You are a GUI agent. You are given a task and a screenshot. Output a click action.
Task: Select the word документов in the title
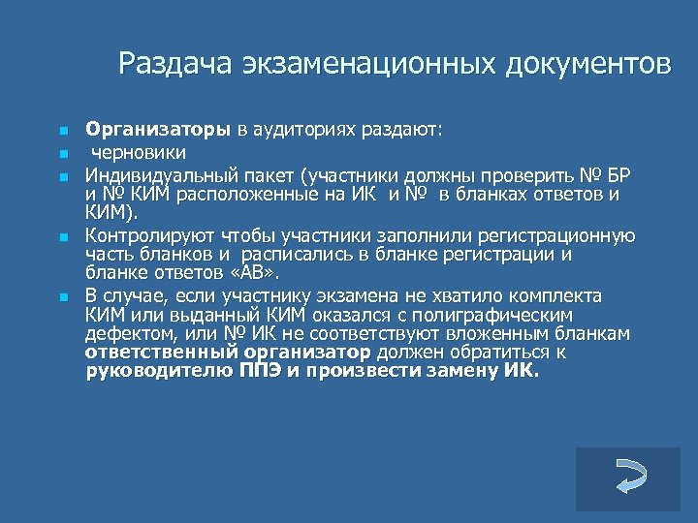pos(587,64)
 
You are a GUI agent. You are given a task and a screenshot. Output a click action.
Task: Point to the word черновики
pos(140,152)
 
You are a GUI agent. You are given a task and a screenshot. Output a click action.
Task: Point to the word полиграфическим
pos(490,315)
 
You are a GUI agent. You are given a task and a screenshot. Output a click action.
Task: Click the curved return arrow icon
pos(628,478)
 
